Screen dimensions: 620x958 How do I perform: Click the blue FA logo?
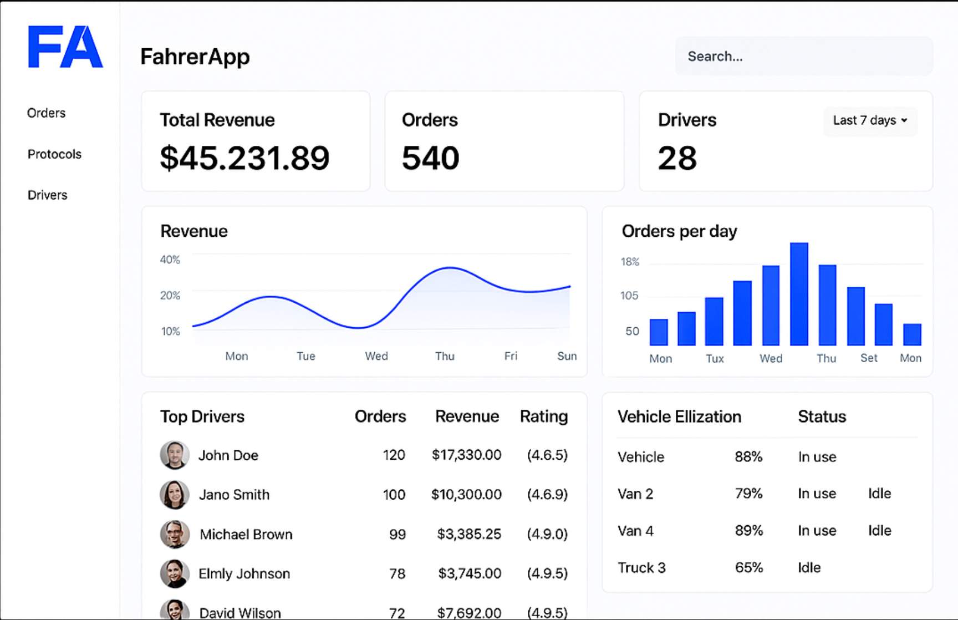pyautogui.click(x=65, y=47)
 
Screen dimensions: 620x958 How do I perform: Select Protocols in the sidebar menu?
pyautogui.click(x=54, y=154)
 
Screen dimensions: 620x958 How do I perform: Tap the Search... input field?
pyautogui.click(x=803, y=57)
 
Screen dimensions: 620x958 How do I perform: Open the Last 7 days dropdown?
pyautogui.click(x=869, y=120)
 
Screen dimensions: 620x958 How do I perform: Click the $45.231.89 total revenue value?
pyautogui.click(x=244, y=158)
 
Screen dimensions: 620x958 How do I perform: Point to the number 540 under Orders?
pyautogui.click(x=430, y=158)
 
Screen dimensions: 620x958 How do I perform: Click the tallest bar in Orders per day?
pyautogui.click(x=799, y=294)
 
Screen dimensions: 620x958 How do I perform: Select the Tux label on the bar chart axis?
pyautogui.click(x=715, y=359)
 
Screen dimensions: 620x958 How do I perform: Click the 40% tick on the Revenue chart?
pyautogui.click(x=170, y=260)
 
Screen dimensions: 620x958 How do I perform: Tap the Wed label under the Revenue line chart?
pyautogui.click(x=376, y=356)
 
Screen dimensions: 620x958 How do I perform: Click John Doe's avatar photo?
pyautogui.click(x=175, y=455)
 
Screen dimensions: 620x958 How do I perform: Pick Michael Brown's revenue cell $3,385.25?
pyautogui.click(x=468, y=534)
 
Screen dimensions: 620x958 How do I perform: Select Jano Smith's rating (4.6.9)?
pyautogui.click(x=547, y=494)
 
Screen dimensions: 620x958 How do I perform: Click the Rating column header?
pyautogui.click(x=543, y=416)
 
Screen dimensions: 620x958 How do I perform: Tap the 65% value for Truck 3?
pyautogui.click(x=748, y=567)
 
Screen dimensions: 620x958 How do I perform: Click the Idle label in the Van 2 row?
pyautogui.click(x=879, y=494)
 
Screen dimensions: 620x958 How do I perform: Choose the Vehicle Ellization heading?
pyautogui.click(x=679, y=416)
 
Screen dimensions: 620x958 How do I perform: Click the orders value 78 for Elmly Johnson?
pyautogui.click(x=397, y=573)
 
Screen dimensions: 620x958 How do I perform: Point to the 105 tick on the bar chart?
pyautogui.click(x=629, y=296)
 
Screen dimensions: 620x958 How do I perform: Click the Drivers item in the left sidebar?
pyautogui.click(x=47, y=195)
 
